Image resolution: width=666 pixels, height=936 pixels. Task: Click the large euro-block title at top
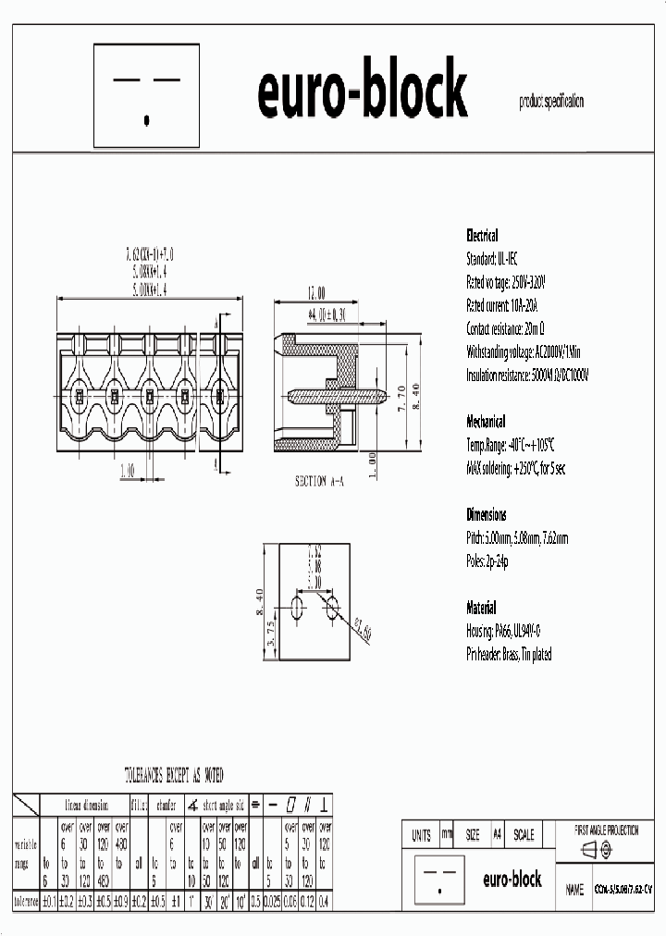coord(362,92)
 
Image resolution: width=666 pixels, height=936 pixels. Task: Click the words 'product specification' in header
coord(551,103)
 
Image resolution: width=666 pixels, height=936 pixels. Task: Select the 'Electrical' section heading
coord(481,235)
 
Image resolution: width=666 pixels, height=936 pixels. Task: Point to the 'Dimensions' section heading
coord(486,514)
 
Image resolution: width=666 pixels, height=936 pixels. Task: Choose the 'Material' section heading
coord(481,608)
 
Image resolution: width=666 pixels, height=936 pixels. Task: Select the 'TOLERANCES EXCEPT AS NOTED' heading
coord(174,774)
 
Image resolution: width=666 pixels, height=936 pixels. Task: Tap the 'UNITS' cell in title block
coord(421,834)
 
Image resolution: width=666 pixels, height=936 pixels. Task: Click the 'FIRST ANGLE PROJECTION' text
coord(606,831)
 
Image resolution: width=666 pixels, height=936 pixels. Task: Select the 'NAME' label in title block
coord(573,890)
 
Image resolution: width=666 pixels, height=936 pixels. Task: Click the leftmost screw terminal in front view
coord(80,397)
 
